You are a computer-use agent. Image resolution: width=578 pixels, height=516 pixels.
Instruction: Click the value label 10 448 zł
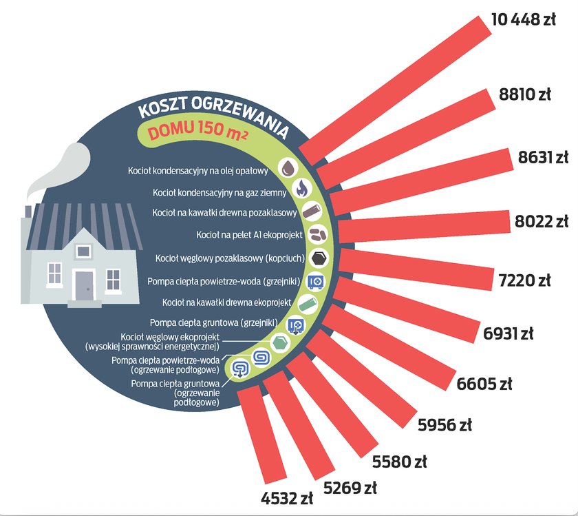524,19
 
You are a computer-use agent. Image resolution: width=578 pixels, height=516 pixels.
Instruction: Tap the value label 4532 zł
287,498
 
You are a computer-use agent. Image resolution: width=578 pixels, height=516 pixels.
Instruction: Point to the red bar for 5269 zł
299,425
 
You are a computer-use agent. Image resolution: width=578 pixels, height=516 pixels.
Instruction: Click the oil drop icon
288,169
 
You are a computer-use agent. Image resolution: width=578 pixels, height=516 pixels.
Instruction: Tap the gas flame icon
302,188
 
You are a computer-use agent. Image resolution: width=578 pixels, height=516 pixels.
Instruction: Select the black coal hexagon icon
319,258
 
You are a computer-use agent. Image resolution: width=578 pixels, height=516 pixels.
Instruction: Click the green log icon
308,305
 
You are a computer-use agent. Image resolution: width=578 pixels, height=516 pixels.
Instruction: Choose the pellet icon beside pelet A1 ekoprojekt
317,234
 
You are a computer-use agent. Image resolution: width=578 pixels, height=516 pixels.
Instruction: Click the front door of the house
85,285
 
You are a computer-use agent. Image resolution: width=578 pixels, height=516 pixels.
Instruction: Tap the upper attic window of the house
83,251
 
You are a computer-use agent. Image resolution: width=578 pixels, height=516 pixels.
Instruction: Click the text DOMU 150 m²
197,131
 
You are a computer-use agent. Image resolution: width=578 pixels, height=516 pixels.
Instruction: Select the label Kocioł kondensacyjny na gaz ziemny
220,193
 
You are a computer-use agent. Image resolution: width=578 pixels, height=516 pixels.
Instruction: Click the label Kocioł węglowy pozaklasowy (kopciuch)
230,258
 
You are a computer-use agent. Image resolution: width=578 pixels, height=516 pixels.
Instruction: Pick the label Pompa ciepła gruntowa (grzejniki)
214,322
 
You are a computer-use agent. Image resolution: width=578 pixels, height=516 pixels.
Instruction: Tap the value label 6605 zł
484,384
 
